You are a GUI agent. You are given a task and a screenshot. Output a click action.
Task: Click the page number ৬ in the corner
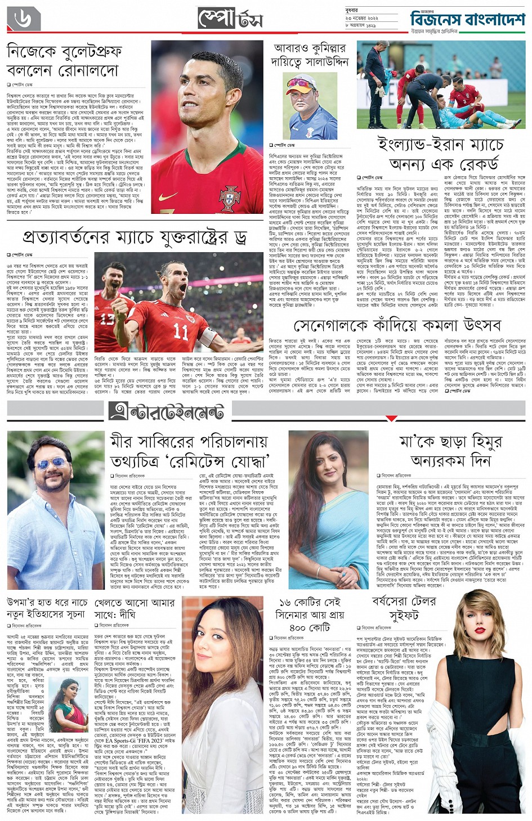(24, 20)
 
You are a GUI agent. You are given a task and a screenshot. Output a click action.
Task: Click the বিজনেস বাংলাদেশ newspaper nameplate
(467, 20)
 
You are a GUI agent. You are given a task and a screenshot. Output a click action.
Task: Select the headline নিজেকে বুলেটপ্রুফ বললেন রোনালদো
(63, 61)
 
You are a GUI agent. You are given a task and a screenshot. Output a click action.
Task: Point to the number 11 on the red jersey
(181, 331)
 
